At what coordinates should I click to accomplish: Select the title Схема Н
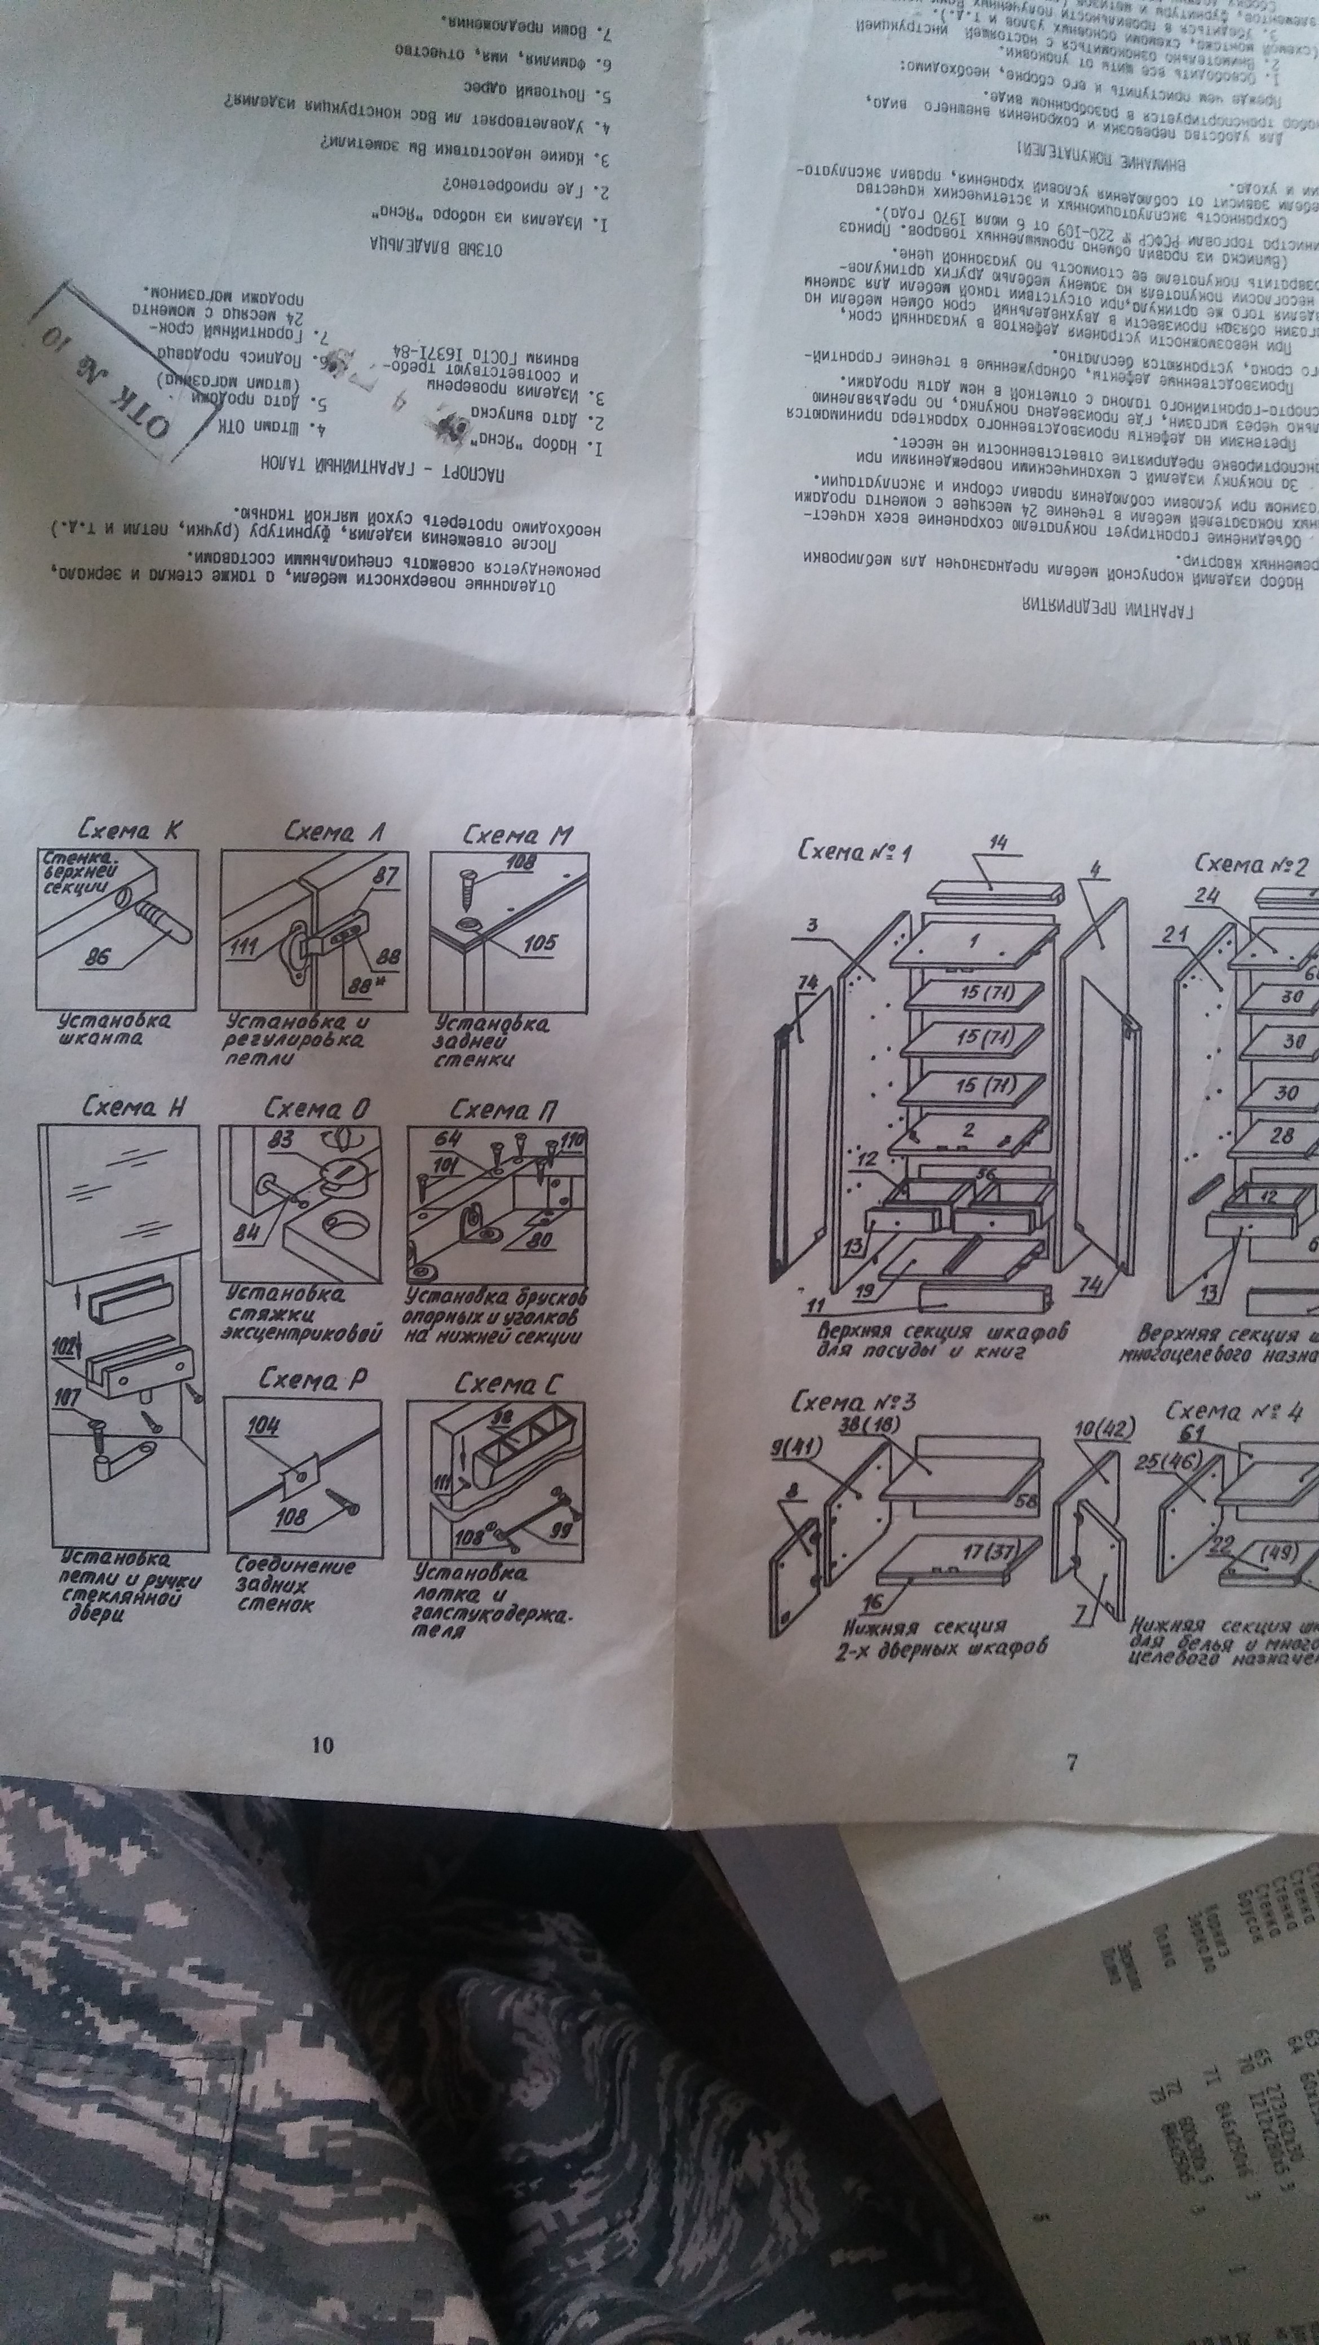pyautogui.click(x=134, y=1107)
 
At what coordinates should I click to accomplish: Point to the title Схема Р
pyautogui.click(x=312, y=1379)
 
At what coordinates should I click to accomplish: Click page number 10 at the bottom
pyautogui.click(x=322, y=1744)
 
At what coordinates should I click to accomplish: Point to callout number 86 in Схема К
pyautogui.click(x=96, y=957)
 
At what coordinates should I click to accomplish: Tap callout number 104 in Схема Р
pyautogui.click(x=263, y=1426)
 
